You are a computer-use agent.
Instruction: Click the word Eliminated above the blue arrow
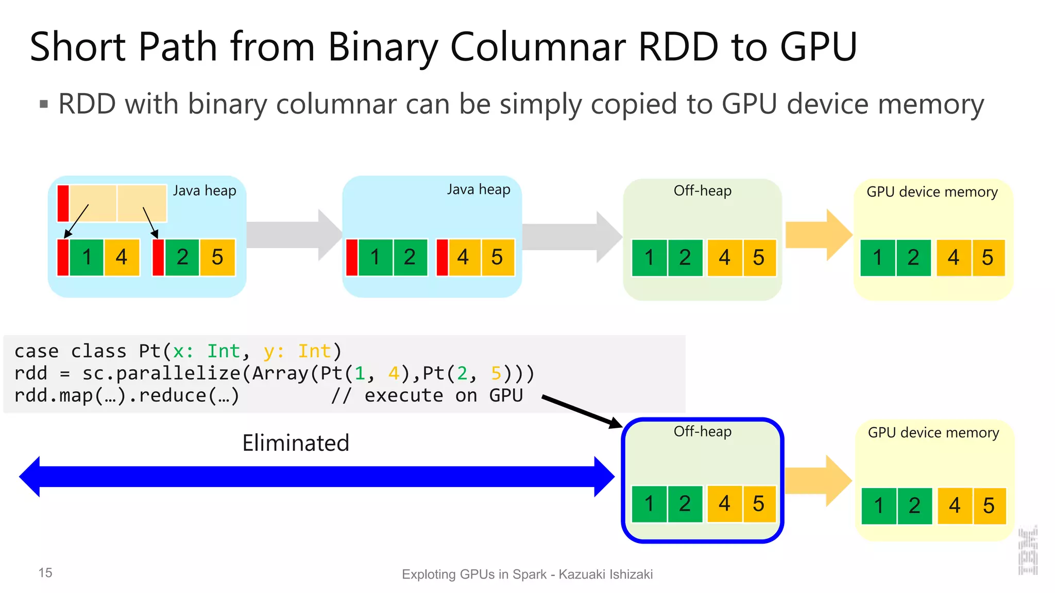pos(296,443)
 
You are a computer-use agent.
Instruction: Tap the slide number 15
pos(45,572)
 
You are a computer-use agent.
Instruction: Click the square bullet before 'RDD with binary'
pos(44,105)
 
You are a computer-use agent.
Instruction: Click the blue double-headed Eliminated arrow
pos(316,477)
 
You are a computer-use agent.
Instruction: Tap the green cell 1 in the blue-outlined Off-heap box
pos(649,504)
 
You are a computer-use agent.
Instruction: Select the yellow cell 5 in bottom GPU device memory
pos(989,506)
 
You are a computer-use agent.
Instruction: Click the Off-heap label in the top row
pos(702,191)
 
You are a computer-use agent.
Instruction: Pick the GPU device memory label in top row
pos(932,192)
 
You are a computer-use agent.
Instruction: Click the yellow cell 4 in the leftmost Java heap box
pos(122,257)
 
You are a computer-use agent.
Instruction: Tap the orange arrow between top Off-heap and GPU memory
pos(818,235)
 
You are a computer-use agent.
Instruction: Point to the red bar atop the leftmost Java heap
pos(63,203)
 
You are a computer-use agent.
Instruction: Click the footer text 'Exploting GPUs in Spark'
pos(474,574)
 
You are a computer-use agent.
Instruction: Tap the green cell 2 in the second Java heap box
pos(410,257)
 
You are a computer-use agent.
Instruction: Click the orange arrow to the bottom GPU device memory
pos(818,481)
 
